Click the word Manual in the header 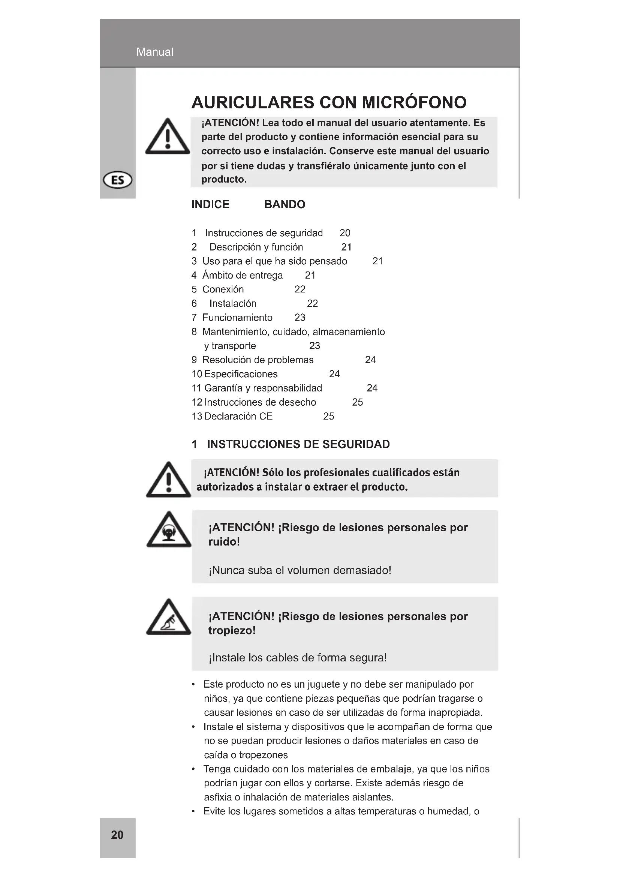154,52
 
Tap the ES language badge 118,180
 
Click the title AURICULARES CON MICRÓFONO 329,102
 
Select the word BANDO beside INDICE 285,204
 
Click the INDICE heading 210,204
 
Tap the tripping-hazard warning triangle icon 169,618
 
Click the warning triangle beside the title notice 167,138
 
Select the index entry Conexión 223,289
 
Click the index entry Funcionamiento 237,318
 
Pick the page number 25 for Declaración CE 328,416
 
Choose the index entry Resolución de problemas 258,360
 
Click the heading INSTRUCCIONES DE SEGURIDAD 298,444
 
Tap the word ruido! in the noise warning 224,542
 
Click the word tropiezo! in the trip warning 232,630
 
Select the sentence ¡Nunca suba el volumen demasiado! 300,570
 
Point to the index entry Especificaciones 241,374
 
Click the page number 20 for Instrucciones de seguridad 345,233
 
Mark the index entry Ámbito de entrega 243,276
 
